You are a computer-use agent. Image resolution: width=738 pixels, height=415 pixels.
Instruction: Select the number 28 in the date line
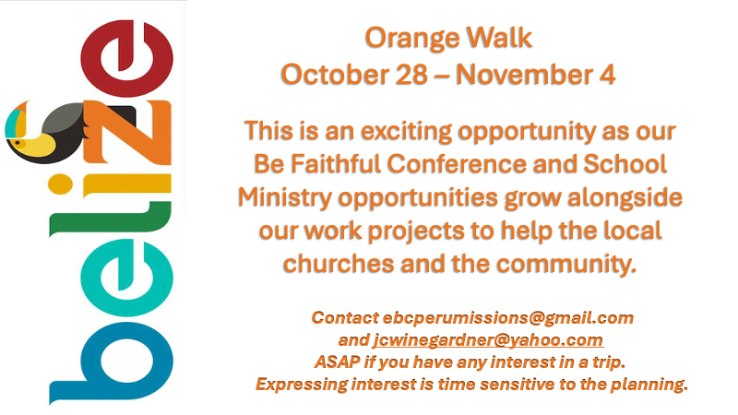(x=411, y=75)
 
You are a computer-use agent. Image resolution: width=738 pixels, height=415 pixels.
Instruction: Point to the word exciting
(x=406, y=132)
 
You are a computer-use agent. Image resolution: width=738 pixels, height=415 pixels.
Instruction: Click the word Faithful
(x=336, y=164)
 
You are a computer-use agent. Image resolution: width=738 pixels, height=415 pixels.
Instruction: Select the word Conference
(x=456, y=164)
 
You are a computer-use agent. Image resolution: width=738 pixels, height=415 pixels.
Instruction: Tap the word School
(x=625, y=164)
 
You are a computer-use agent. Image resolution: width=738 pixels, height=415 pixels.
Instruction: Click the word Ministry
(x=285, y=197)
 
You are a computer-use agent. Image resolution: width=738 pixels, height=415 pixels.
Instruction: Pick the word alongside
(x=625, y=196)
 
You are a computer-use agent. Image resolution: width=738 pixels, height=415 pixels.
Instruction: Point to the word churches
(x=339, y=263)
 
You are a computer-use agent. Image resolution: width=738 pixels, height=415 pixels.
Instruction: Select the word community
(x=566, y=264)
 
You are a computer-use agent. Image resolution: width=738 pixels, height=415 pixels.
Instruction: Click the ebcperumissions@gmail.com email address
(x=508, y=318)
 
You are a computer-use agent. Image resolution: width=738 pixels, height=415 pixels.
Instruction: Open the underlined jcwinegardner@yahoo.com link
(x=488, y=340)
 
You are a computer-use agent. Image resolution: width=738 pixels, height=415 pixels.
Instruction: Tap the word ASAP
(x=337, y=362)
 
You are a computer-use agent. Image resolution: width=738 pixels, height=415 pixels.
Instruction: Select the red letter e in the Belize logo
(x=126, y=58)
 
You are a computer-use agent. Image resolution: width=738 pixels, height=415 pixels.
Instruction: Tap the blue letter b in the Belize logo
(x=112, y=363)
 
